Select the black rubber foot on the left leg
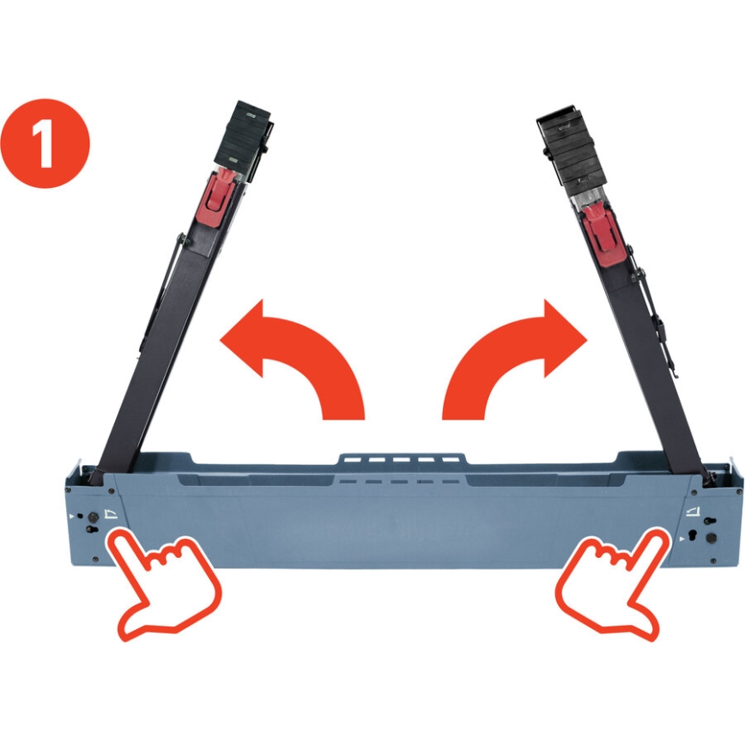click(x=247, y=133)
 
